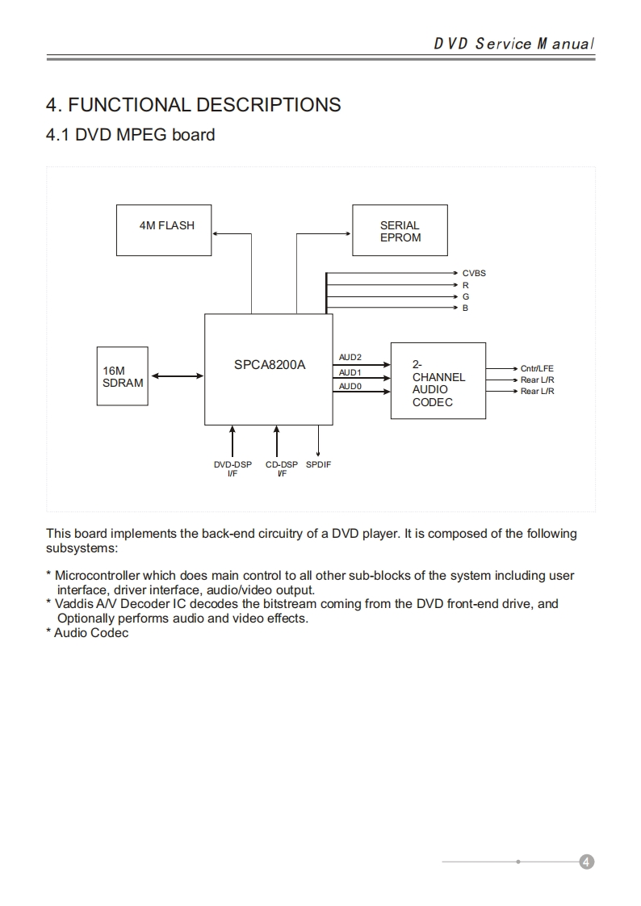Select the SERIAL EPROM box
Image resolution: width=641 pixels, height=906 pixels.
tap(400, 231)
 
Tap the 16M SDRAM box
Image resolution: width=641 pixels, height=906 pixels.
tap(123, 376)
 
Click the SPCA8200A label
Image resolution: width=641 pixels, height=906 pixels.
tap(270, 364)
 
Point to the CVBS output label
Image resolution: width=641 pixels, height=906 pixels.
tap(474, 273)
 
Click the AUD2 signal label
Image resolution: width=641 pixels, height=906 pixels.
tap(350, 357)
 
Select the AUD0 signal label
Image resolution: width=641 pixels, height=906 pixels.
tap(350, 387)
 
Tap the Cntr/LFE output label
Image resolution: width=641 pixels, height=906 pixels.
tap(537, 368)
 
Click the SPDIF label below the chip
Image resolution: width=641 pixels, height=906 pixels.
tap(319, 464)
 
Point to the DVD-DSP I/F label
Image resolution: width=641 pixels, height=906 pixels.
tap(233, 468)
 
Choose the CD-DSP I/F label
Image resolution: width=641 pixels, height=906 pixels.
tap(282, 468)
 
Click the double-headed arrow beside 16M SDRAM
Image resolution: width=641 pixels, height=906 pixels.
tap(178, 375)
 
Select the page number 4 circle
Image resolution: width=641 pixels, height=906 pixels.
tap(587, 862)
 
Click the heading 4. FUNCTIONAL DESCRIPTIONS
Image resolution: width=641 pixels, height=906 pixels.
tap(194, 105)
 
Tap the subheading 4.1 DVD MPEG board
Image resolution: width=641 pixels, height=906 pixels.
tap(131, 135)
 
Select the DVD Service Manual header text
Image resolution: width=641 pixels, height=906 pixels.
tap(514, 44)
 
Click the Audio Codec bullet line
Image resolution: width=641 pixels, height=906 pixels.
tap(90, 633)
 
